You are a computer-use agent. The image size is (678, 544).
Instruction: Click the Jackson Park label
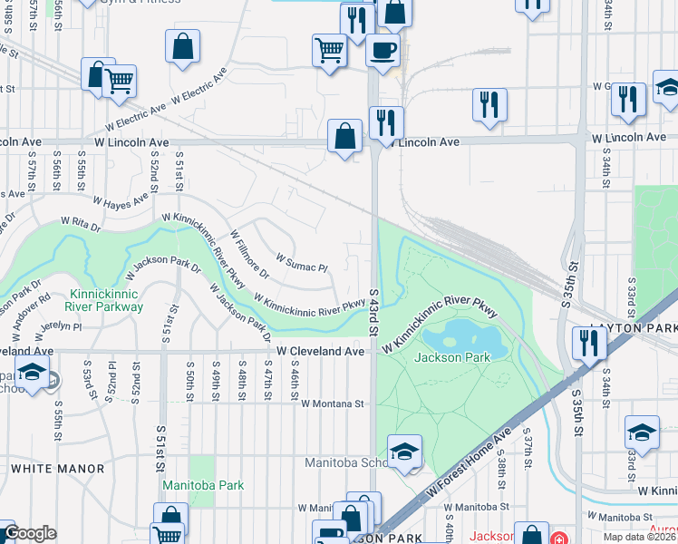452,357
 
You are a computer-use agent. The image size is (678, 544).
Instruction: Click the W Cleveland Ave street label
320,351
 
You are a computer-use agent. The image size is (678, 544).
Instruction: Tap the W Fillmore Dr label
251,257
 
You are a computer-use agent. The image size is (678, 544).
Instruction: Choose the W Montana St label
332,403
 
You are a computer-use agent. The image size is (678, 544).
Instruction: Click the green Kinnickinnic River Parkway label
107,301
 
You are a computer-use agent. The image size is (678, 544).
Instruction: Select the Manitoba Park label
203,485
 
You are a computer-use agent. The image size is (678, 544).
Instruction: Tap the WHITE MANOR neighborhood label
57,469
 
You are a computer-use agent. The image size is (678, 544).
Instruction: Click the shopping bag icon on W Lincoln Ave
345,138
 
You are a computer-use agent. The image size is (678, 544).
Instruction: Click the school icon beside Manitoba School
404,452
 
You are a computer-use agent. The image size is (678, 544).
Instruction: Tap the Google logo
30,533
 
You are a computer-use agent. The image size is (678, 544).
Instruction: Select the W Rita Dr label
79,220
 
